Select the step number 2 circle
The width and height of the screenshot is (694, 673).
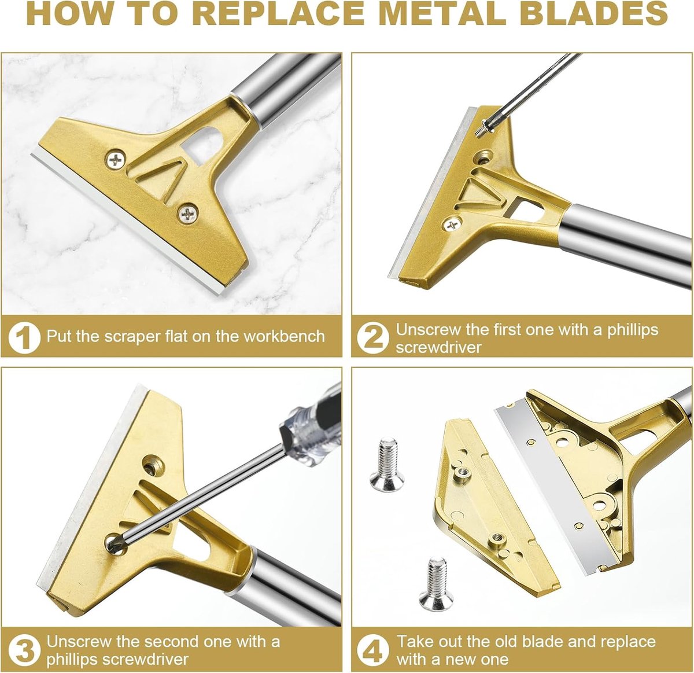373,337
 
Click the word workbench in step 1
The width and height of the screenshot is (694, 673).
284,337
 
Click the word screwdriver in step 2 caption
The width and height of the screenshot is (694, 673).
438,347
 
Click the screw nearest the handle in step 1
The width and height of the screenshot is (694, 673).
116,160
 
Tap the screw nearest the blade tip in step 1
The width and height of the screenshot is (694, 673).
187,214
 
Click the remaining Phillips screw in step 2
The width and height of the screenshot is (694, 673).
452,225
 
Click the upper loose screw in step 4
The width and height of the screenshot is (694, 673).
387,464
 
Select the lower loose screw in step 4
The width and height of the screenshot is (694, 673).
437,583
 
